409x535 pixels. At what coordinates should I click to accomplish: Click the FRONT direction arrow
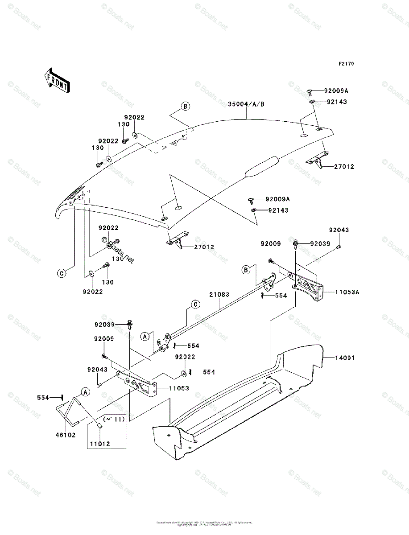56,80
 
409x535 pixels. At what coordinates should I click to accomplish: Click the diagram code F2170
346,64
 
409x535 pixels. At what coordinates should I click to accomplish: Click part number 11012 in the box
100,444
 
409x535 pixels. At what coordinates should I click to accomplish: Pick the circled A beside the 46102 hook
85,391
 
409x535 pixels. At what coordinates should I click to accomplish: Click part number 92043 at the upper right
339,230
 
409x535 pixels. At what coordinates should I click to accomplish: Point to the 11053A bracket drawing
308,288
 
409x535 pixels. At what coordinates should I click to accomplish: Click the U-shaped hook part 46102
68,410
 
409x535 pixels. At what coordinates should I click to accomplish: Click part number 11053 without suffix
178,388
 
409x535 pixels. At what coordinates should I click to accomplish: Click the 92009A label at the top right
336,91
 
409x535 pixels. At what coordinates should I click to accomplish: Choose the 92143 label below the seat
278,210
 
